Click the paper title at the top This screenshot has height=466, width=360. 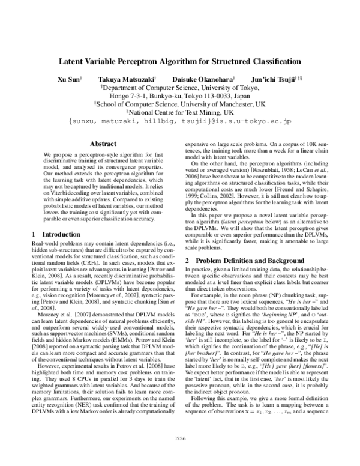pyautogui.click(x=180, y=61)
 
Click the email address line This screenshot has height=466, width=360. pyautogui.click(x=180, y=121)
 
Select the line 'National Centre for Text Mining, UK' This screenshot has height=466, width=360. pyautogui.click(x=180, y=112)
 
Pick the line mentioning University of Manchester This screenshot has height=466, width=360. pyautogui.click(x=180, y=103)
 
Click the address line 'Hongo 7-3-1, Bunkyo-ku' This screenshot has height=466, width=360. pyautogui.click(x=180, y=95)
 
